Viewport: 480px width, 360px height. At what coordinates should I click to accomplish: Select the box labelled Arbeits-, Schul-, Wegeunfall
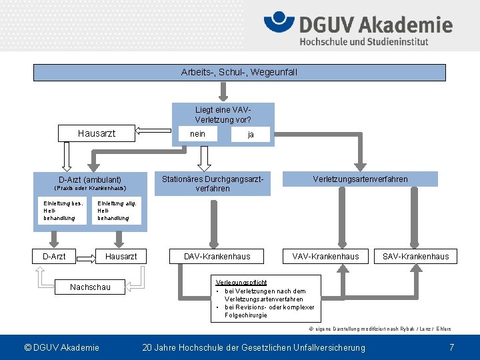pos(239,72)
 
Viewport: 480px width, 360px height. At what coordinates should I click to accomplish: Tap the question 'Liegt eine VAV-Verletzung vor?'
pos(223,114)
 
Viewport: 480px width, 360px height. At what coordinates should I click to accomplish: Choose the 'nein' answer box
pos(198,134)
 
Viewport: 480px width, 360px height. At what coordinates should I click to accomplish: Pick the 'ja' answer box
pos(250,135)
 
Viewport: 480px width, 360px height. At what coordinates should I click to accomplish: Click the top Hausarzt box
pos(97,133)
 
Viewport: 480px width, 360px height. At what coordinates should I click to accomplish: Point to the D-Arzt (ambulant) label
pos(90,179)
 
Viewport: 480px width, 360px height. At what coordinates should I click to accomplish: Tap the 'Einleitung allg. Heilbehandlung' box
pos(117,211)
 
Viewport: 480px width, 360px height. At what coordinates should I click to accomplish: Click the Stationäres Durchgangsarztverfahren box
pos(213,183)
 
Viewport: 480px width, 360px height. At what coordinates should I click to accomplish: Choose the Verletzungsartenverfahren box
pos(361,179)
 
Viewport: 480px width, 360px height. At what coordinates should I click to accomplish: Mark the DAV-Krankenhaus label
pos(217,256)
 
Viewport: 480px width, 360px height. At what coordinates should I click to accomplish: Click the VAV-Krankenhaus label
pos(325,256)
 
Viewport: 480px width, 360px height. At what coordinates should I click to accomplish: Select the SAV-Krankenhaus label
pos(415,256)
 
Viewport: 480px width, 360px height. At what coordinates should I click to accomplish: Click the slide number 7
pos(451,347)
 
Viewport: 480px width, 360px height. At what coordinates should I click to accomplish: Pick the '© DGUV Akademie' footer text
pos(61,347)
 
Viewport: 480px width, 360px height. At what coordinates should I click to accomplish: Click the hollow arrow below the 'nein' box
pos(205,157)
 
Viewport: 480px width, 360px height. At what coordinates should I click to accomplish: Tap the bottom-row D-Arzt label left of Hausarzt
pos(54,256)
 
